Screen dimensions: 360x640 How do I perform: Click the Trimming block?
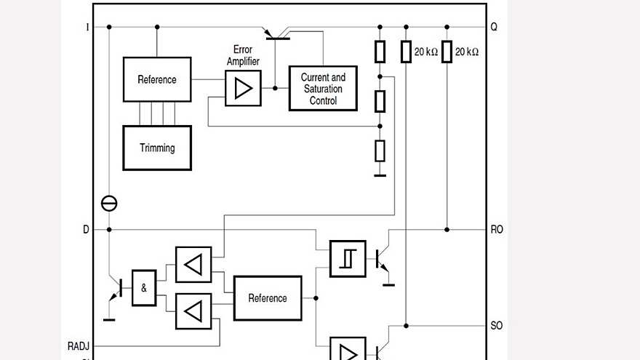pos(157,148)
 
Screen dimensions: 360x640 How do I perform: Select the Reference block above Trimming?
pos(157,79)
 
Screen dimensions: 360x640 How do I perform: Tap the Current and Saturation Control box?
pos(323,89)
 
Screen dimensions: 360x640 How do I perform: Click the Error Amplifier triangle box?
pos(243,88)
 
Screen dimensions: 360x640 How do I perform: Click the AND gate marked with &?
pos(144,288)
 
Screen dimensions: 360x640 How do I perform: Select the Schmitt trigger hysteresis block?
pos(348,258)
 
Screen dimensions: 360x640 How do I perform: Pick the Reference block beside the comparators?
pos(268,298)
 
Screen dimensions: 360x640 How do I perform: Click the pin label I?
pos(87,27)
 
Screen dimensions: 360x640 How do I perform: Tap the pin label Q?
pos(495,27)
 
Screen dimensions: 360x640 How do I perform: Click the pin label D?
pos(87,229)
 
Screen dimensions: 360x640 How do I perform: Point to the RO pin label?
pos(497,229)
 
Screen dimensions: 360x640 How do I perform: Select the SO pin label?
pos(497,325)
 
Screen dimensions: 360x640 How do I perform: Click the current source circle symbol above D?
pos(109,204)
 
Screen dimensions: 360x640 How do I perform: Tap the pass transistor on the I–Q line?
pos(277,33)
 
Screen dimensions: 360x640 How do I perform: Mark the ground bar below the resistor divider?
pos(380,175)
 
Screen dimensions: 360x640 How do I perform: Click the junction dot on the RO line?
pos(447,229)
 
